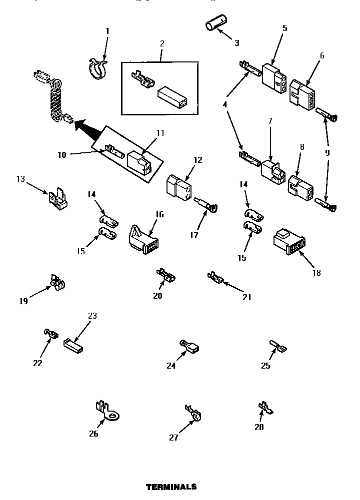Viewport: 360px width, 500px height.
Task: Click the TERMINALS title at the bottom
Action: tap(171, 487)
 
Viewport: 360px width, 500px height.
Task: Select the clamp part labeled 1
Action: tap(97, 69)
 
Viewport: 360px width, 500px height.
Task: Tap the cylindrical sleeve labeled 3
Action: tap(215, 24)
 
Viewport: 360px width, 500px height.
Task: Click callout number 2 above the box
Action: tap(162, 43)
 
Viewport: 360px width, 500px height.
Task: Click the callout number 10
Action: tap(61, 155)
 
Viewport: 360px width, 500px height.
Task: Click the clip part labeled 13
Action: tap(57, 199)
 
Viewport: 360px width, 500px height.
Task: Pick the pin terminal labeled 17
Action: tap(205, 206)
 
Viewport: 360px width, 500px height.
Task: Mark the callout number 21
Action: tap(246, 297)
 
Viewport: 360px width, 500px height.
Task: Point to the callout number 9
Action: tap(327, 153)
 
